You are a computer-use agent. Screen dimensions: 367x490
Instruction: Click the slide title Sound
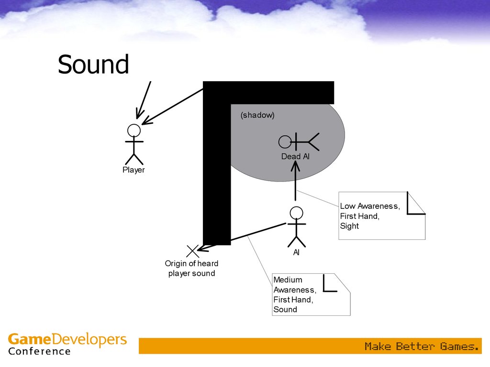[x=93, y=65]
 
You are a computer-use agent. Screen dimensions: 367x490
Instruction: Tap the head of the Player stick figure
[x=134, y=130]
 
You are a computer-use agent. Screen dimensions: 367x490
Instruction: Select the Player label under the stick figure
[x=134, y=170]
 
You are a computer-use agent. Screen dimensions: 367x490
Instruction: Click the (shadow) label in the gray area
[x=257, y=115]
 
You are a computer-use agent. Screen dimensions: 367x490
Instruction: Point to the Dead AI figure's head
[x=285, y=141]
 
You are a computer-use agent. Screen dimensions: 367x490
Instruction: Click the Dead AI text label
[x=295, y=156]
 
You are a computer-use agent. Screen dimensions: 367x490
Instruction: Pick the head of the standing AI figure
[x=297, y=213]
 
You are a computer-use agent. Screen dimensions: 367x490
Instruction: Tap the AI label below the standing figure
[x=297, y=252]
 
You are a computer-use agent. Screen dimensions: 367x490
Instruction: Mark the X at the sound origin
[x=192, y=250]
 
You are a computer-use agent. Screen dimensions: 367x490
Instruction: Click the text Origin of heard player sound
[x=191, y=269]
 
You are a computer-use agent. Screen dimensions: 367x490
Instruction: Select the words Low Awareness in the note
[x=369, y=206]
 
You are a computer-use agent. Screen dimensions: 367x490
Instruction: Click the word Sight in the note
[x=349, y=226]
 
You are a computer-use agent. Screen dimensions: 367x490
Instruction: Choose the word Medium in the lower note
[x=288, y=280]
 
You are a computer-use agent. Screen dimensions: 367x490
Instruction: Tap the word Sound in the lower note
[x=285, y=309]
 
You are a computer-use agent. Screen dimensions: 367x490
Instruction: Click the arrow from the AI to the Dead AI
[x=296, y=182]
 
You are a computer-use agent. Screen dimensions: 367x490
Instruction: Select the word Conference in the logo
[x=39, y=352]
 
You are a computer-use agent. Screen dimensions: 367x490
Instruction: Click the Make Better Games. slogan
[x=421, y=346]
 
